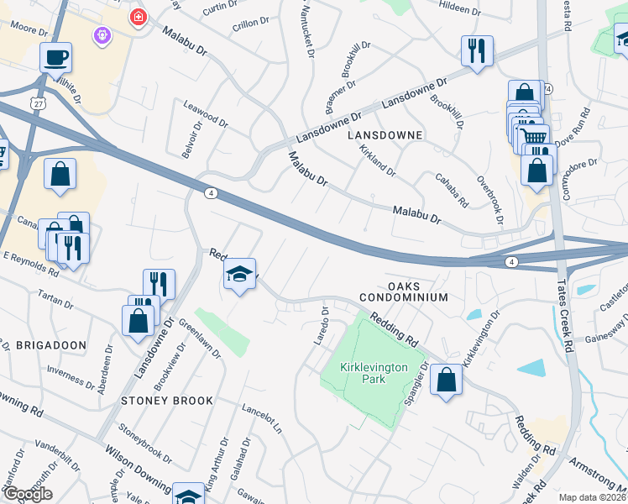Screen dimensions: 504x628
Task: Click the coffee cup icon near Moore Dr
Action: click(56, 58)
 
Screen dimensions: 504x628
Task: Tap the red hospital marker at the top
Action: click(137, 17)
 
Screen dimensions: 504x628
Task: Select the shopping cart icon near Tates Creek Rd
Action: click(532, 138)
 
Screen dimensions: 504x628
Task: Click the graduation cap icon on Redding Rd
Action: click(240, 274)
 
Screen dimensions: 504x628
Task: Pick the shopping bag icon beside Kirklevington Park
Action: click(447, 380)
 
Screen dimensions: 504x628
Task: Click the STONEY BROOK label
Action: click(167, 401)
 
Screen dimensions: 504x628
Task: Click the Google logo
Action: click(28, 494)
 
